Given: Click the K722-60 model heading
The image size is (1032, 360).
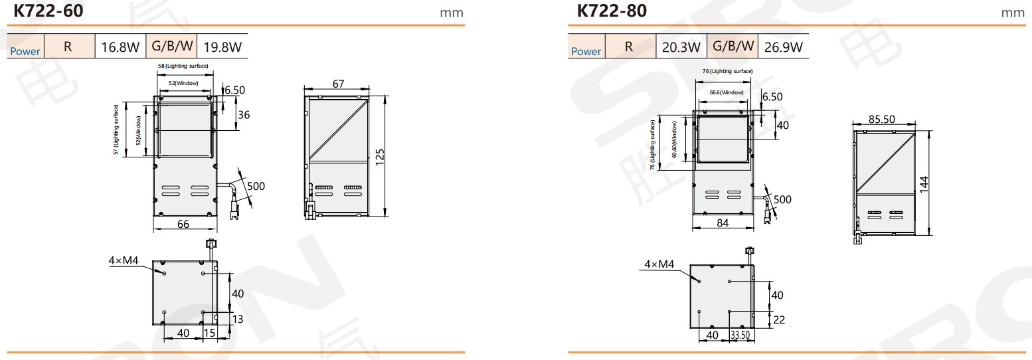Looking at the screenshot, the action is (x=48, y=11).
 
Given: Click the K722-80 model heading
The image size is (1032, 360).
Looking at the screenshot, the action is (x=612, y=11).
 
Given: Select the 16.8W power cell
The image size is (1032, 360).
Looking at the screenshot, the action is (x=120, y=46).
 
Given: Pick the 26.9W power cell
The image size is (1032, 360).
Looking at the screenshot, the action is (x=783, y=46).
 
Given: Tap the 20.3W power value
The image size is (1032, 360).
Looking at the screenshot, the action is (x=681, y=46).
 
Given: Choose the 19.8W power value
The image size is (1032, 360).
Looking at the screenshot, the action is (x=222, y=46).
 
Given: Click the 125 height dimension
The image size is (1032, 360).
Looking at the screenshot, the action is (x=380, y=157).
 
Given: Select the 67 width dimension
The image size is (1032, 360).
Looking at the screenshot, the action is (x=338, y=84).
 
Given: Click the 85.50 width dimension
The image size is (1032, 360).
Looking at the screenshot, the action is (x=882, y=119).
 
